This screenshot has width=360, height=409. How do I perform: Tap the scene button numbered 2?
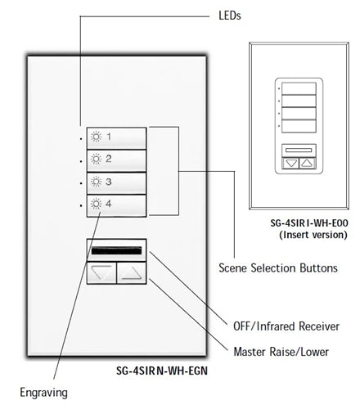pyautogui.click(x=115, y=159)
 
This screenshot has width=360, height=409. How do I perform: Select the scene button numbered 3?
pyautogui.click(x=115, y=182)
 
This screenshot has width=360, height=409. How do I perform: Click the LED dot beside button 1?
pyautogui.click(x=81, y=138)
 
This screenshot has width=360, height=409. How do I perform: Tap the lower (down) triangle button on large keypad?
pyautogui.click(x=101, y=273)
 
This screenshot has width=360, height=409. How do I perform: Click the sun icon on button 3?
pyautogui.click(x=96, y=182)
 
